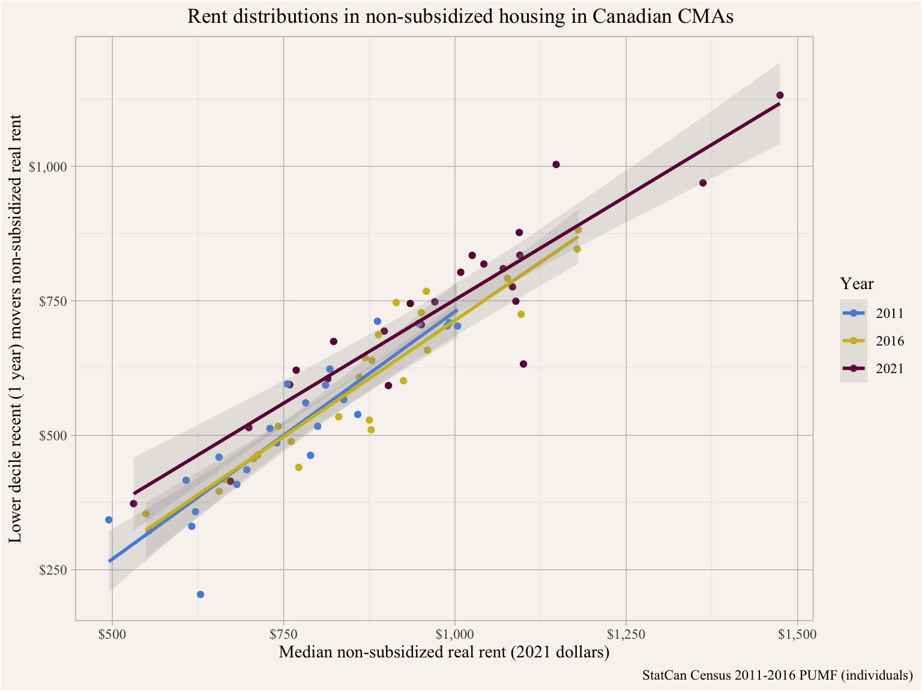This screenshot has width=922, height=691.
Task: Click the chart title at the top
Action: (x=460, y=16)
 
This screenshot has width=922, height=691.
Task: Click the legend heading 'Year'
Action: (x=857, y=284)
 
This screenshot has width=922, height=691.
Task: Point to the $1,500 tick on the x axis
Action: (x=797, y=635)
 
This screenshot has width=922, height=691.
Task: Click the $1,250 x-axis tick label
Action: (x=626, y=635)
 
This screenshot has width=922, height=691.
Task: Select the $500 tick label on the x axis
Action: (x=112, y=635)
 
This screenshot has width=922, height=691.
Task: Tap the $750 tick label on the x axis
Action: (x=283, y=635)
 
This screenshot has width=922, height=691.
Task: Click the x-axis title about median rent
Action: (x=444, y=652)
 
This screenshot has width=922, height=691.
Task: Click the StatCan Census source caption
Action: (x=777, y=675)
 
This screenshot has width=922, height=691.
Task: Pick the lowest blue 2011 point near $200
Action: (x=200, y=594)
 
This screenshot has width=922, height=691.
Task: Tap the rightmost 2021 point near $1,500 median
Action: (x=780, y=95)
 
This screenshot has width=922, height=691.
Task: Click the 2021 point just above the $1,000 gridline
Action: (x=556, y=164)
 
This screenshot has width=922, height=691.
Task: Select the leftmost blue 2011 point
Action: (x=109, y=520)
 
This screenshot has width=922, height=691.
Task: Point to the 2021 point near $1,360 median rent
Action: (x=703, y=183)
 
